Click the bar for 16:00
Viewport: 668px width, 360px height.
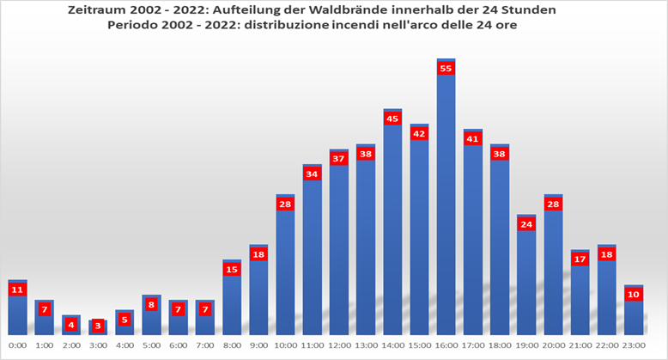[x=446, y=206]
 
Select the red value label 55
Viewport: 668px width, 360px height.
[x=446, y=69]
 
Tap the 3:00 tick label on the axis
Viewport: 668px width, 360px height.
[x=98, y=346]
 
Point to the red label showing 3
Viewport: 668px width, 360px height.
[x=98, y=326]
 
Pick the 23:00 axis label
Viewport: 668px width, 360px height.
[x=633, y=346]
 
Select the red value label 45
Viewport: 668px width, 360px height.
[x=392, y=119]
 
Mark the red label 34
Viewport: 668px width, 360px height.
[x=312, y=174]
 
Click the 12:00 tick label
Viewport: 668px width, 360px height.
[x=338, y=346]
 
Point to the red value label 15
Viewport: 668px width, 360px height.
[x=232, y=269]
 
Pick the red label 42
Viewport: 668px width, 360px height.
[x=419, y=134]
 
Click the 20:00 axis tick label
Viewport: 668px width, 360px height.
[x=552, y=346]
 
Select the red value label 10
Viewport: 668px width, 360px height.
[x=633, y=295]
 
